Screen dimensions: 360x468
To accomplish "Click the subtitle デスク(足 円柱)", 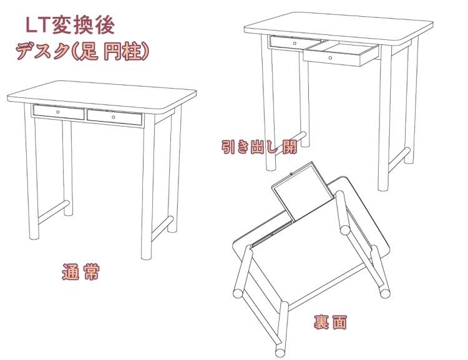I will (x=83, y=51).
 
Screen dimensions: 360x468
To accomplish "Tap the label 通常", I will (x=81, y=273).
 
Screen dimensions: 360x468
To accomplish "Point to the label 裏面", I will (x=330, y=323).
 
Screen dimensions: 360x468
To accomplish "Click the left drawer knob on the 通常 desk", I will (x=58, y=112).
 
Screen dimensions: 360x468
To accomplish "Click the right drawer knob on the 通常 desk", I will (x=114, y=117).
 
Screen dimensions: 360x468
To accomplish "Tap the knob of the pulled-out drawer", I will (x=329, y=57).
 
